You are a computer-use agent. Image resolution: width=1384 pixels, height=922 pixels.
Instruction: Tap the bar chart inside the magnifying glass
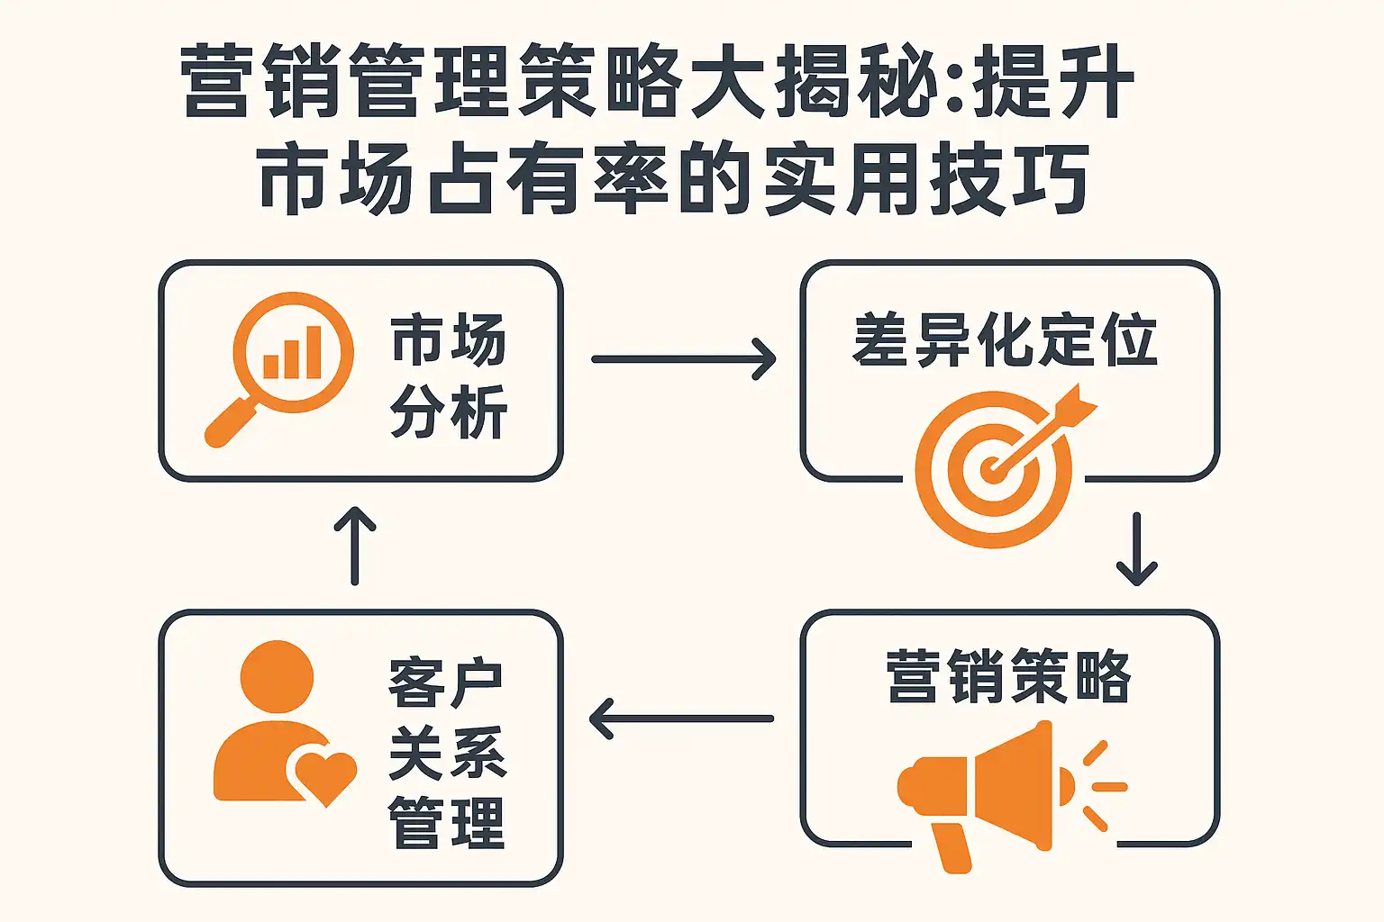[292, 354]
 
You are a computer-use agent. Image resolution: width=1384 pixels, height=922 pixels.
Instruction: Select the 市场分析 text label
[448, 375]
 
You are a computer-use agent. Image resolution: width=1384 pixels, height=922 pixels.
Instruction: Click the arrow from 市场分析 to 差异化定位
[683, 359]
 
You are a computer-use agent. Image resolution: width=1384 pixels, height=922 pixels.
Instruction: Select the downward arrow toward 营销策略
[1136, 549]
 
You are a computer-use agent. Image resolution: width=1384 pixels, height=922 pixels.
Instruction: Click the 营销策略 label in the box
[1008, 676]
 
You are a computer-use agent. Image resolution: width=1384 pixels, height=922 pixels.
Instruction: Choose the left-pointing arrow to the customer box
[681, 719]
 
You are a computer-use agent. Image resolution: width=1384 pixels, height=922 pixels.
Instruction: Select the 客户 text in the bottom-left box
[446, 684]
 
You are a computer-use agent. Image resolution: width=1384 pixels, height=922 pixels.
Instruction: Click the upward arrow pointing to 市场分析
[355, 546]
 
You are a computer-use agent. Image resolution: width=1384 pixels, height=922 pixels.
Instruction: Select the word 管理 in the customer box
[446, 823]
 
